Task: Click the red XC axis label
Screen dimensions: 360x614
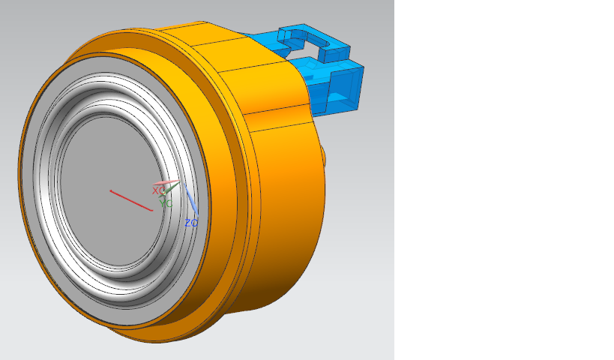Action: (x=158, y=190)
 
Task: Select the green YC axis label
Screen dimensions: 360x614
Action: (x=166, y=203)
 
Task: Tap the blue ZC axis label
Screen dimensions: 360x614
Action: (x=191, y=223)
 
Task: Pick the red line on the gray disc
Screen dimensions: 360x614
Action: (x=131, y=200)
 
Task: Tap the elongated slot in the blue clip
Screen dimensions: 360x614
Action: (x=301, y=39)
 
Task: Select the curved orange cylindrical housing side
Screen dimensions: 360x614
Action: (x=285, y=225)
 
